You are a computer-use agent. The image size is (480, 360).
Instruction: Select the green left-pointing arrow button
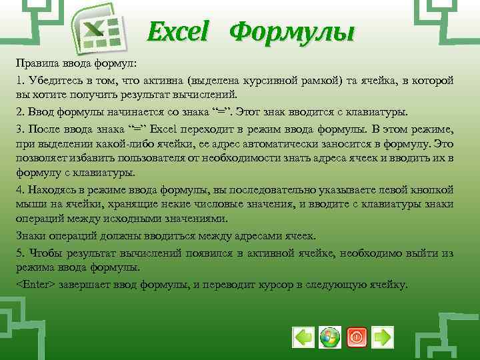[x=303, y=337]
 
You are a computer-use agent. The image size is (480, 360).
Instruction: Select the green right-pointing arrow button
[x=382, y=337]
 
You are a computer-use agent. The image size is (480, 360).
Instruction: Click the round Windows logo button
[x=329, y=337]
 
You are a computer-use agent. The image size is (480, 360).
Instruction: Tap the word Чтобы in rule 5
[x=44, y=253]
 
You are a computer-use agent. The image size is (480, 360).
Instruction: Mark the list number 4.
[x=20, y=189]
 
